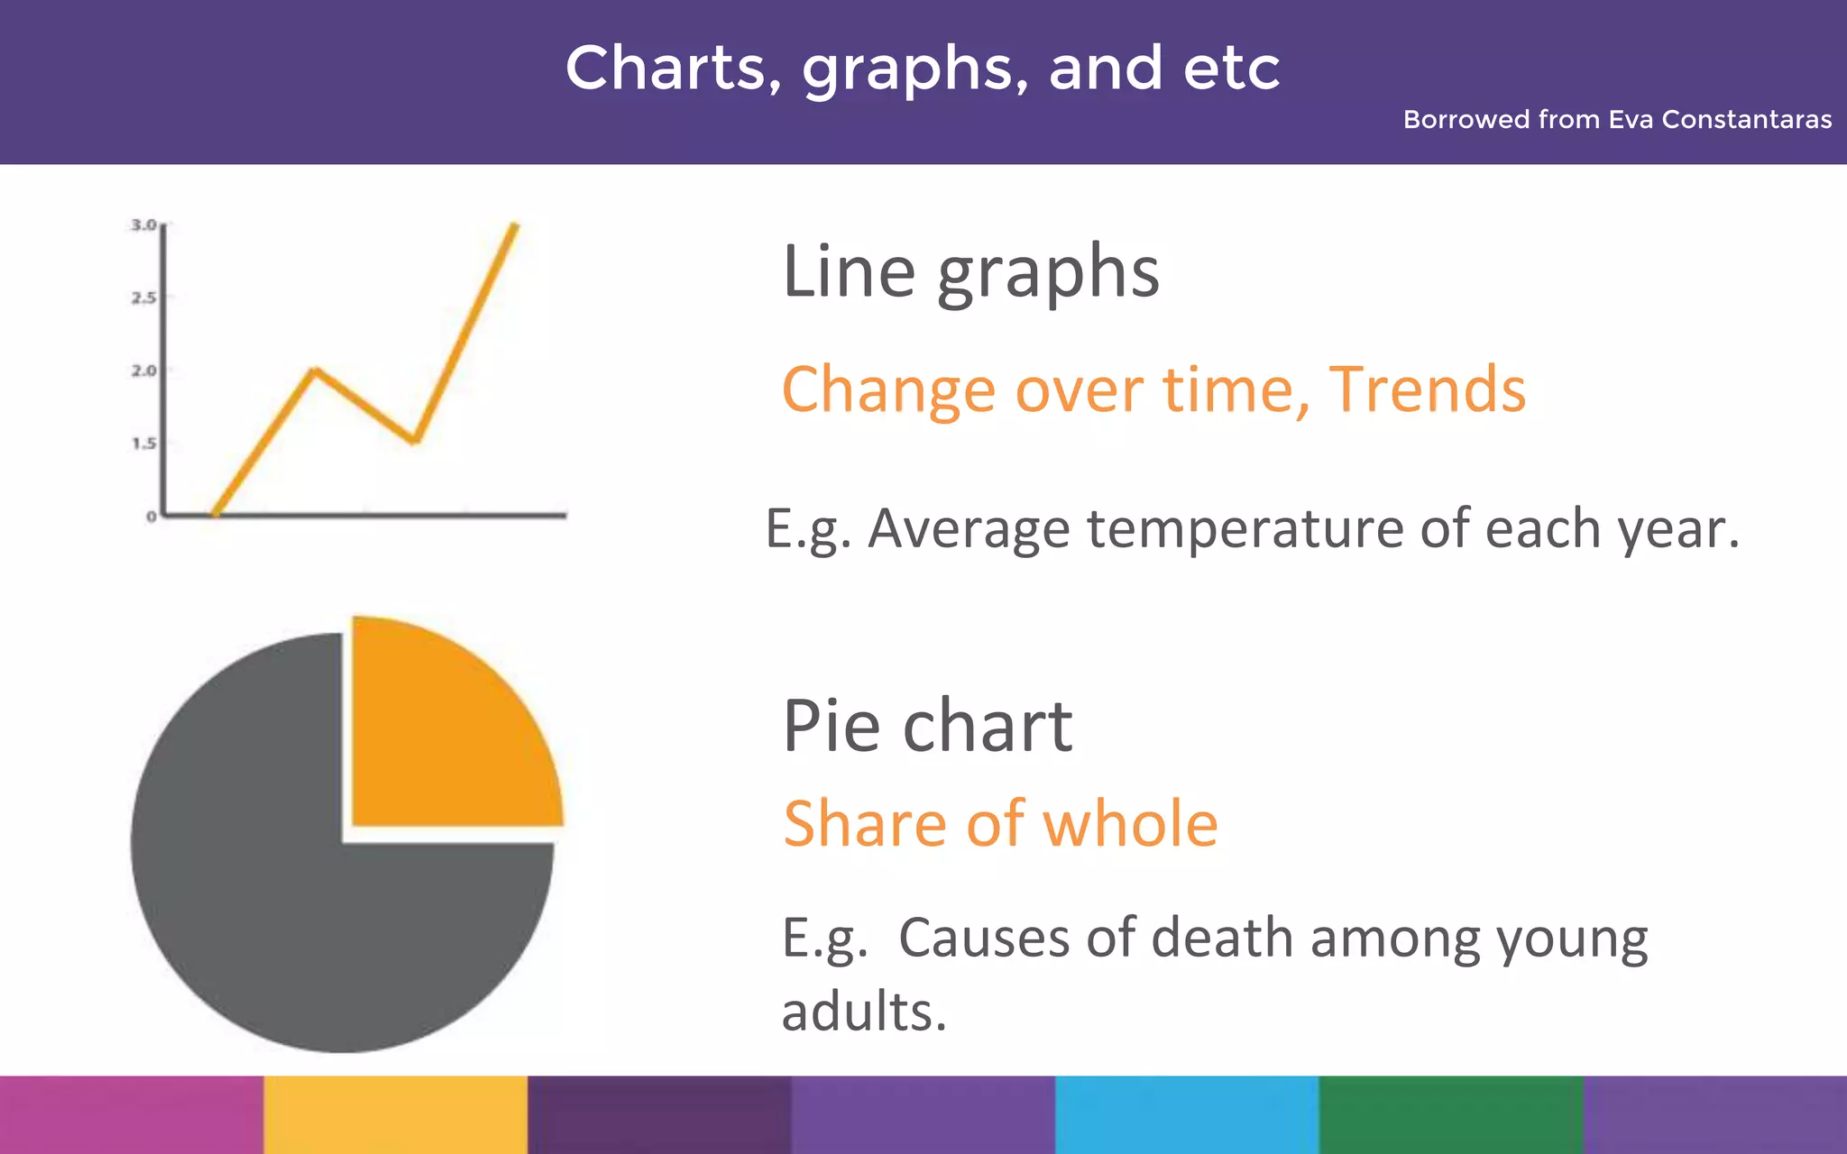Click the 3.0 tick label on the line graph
coord(143,224)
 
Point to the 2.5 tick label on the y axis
coord(143,298)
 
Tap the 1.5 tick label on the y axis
coord(143,444)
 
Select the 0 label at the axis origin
coord(152,517)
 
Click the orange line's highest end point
coord(515,224)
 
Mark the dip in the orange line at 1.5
coord(415,440)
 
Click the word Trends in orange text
coord(1427,389)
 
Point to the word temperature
coord(1245,528)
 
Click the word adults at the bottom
coord(863,1012)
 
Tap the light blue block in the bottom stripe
coord(1187,1114)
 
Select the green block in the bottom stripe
coord(1450,1114)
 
